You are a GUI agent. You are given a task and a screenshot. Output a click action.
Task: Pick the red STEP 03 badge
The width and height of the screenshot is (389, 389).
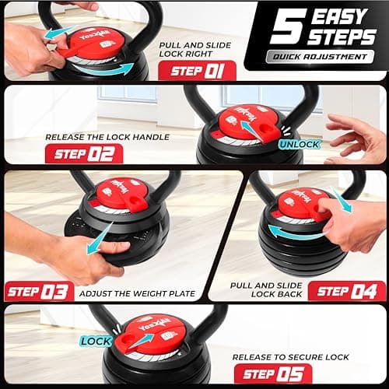pyautogui.click(x=39, y=292)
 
